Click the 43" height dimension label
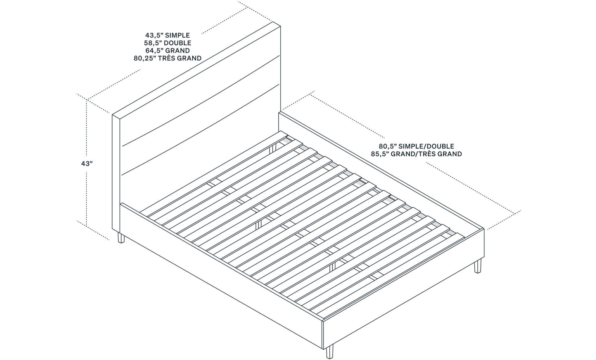point(87,163)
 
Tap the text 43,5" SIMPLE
point(167,35)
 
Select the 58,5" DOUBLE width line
point(167,43)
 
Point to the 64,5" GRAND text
point(167,50)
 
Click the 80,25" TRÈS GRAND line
point(167,58)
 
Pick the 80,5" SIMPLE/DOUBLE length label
point(416,146)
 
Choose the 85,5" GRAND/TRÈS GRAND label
point(416,154)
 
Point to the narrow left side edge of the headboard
point(116,174)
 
